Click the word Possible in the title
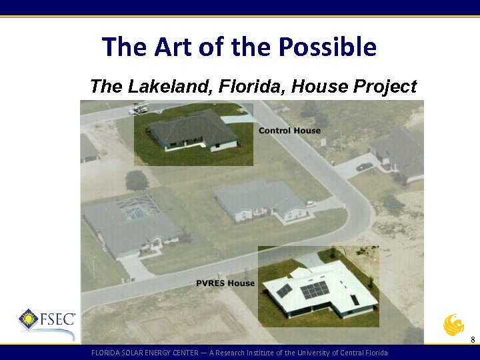[x=327, y=47]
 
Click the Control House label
[x=289, y=131]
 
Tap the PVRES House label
[x=225, y=283]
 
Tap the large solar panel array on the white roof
[x=315, y=290]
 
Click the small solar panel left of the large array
[x=284, y=290]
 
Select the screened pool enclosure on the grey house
[x=137, y=207]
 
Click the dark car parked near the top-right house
[x=365, y=167]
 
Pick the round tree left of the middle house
[x=137, y=180]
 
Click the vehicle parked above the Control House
[x=139, y=109]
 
